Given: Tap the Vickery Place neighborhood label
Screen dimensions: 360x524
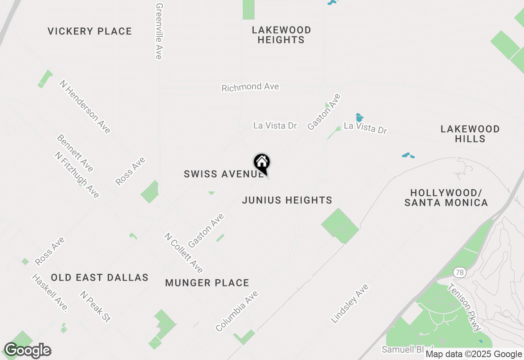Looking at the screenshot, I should tap(90, 32).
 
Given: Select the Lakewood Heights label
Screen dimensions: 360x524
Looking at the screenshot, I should tap(281, 35).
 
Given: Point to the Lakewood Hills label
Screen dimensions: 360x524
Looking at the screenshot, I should tap(470, 134).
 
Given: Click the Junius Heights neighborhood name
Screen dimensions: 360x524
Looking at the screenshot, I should tap(287, 200).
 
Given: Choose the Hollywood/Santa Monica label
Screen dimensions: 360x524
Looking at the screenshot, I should tap(446, 198).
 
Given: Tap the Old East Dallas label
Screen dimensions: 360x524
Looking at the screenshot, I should tap(99, 277).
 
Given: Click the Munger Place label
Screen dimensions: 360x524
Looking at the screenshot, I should tap(207, 283).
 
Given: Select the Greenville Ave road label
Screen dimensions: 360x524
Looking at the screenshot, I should tap(159, 31).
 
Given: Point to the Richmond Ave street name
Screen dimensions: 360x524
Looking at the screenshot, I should tap(250, 87).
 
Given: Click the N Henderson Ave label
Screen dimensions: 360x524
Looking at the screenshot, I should tap(85, 106).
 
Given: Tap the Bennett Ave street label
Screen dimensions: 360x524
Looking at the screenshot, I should tap(75, 153).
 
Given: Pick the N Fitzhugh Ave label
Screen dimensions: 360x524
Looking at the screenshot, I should tap(77, 175).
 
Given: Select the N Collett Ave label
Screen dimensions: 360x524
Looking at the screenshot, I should tap(183, 253).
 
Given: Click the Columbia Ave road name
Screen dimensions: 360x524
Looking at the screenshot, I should tap(237, 311).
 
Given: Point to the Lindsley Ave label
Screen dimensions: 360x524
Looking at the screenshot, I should tap(350, 303).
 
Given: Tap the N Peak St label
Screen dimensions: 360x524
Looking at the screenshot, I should tap(95, 306).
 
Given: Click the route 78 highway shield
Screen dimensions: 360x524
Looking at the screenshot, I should tap(459, 272).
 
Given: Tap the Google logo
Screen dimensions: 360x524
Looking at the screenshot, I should tap(27, 351).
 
